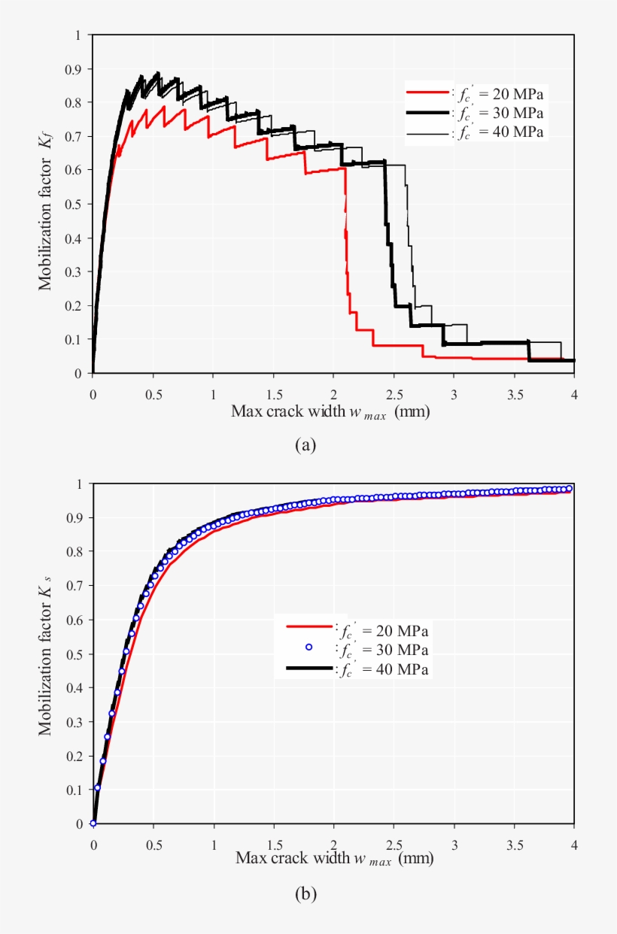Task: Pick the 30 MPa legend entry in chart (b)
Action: coord(383,649)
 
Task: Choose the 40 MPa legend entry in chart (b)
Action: coord(383,669)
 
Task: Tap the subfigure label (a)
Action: coord(305,446)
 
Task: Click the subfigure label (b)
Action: coord(305,894)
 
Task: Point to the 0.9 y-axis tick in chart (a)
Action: coord(75,69)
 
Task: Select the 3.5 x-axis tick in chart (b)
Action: coord(514,843)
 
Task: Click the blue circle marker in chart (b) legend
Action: coord(308,647)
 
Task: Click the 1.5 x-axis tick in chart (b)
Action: coord(273,843)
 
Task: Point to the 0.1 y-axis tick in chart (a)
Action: coord(75,340)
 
